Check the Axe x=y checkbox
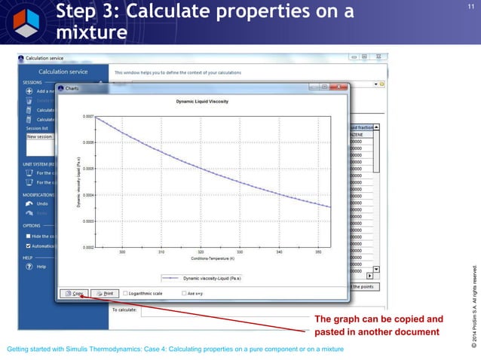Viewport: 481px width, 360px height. [184, 293]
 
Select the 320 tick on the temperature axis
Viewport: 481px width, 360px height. [201, 252]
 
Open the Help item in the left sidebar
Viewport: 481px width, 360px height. [41, 266]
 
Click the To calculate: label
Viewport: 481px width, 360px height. [124, 310]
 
